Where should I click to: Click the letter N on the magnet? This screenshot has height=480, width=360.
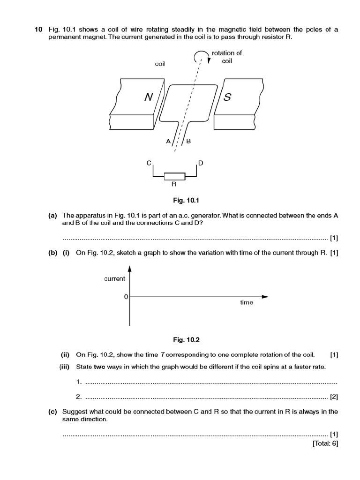[x=149, y=97]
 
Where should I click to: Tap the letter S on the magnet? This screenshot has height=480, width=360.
[x=227, y=97]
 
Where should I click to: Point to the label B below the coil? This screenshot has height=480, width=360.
[x=189, y=141]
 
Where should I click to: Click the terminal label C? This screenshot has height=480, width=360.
[x=149, y=163]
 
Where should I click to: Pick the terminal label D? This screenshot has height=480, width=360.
[x=201, y=163]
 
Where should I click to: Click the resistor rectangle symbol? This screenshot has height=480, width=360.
[x=174, y=176]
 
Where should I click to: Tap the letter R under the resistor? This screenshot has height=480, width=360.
[x=174, y=185]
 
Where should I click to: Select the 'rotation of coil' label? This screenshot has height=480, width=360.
[x=227, y=57]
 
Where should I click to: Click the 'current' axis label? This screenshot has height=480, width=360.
[x=114, y=279]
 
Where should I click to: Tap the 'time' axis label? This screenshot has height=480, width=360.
[x=247, y=302]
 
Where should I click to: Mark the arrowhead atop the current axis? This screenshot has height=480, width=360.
[x=130, y=269]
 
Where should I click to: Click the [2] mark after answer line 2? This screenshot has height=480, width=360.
[x=334, y=397]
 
